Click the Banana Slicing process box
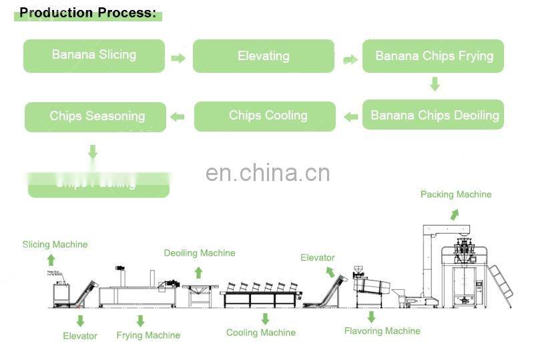94,55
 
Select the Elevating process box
264,56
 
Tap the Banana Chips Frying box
434,56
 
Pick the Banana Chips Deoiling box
434,115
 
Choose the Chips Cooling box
265,116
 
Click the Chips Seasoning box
95,116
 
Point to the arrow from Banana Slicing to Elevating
178,58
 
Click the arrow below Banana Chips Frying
435,83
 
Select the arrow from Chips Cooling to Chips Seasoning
177,117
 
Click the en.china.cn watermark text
268,173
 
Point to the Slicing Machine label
55,244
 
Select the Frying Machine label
148,335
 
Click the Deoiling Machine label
200,253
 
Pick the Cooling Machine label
261,333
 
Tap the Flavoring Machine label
382,331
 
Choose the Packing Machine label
456,194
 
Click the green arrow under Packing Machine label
454,214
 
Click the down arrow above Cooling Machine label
265,319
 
